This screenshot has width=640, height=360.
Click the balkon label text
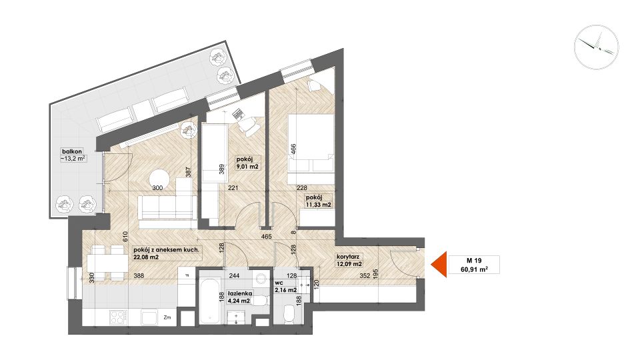72,151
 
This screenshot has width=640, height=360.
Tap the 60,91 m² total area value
474,269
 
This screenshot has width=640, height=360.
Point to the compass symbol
596,47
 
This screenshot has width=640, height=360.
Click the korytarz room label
348,257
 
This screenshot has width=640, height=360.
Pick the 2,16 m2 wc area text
286,290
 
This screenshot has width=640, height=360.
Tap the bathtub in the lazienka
210,300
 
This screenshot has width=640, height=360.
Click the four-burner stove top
119,317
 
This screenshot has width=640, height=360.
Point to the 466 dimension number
293,149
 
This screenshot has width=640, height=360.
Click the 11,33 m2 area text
319,205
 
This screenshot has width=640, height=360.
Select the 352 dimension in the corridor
365,275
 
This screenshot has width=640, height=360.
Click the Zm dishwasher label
167,317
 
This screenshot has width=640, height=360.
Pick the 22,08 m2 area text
146,257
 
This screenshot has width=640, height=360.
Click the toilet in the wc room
289,314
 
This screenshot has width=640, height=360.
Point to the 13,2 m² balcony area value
73,159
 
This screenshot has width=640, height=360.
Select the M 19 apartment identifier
474,261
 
